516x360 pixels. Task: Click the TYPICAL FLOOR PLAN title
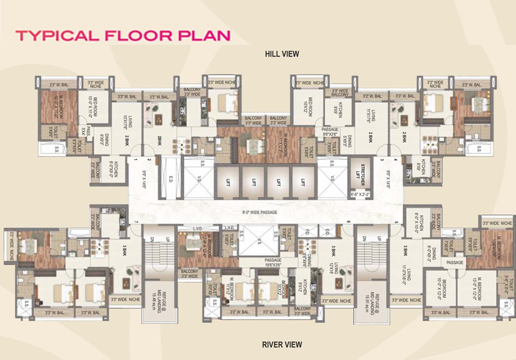[123, 36]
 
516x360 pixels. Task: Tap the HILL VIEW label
[282, 54]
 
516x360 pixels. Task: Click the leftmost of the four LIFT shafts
[228, 182]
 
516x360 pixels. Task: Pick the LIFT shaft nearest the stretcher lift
[302, 182]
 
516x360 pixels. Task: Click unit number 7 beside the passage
[136, 222]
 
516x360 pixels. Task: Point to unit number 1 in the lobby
[135, 160]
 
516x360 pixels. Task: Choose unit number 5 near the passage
[396, 222]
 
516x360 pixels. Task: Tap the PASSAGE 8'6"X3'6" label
[330, 133]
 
